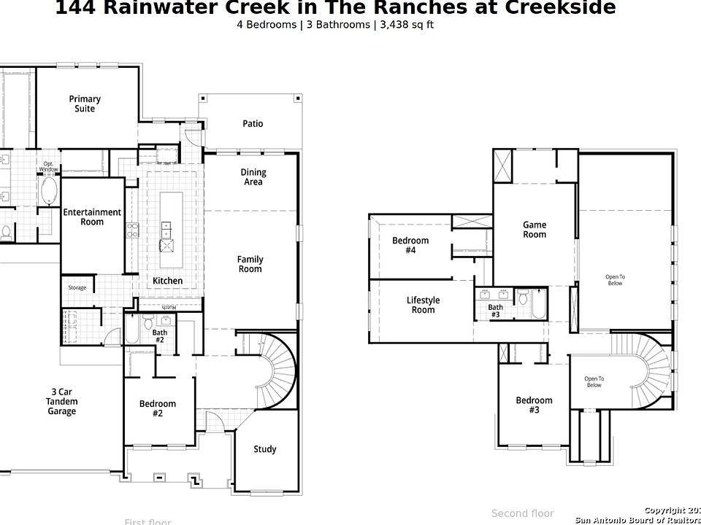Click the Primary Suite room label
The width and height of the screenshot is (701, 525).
coord(85,104)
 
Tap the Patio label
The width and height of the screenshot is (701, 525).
coord(253,124)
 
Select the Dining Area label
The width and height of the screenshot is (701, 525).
coord(253,177)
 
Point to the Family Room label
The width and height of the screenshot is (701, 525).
coord(250,264)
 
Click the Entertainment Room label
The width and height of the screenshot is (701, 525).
coord(92,217)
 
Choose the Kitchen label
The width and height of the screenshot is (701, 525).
coord(167,281)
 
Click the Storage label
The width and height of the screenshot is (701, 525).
coord(77,288)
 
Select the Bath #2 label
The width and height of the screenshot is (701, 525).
coord(159,336)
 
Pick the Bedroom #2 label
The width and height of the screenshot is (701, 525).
coord(158,408)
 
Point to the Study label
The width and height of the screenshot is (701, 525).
coord(264,449)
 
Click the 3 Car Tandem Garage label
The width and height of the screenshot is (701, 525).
coord(61,402)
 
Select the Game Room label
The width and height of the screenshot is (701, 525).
coord(535,230)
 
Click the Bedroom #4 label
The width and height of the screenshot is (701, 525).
coord(410,246)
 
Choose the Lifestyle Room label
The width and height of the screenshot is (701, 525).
coord(423,305)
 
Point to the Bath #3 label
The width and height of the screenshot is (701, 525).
coord(495,311)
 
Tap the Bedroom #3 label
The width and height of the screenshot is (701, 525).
coord(534,405)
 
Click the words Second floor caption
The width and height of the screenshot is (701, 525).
coord(522,514)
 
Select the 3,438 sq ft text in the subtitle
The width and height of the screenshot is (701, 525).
coord(407,24)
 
